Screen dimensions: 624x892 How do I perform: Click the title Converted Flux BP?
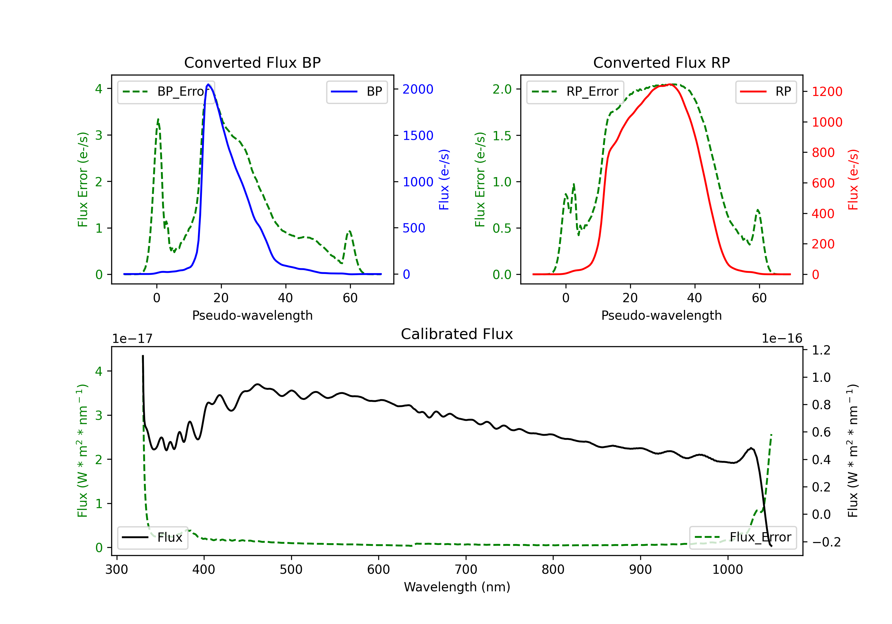(252, 62)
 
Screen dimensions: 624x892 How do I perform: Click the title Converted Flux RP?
(661, 62)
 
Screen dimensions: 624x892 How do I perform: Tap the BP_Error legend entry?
(166, 92)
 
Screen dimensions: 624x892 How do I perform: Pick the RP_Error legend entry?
(575, 92)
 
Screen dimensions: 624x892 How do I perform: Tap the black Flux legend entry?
(153, 538)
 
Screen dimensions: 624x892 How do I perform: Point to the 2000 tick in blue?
(418, 89)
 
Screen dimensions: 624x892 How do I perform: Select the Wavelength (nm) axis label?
(457, 587)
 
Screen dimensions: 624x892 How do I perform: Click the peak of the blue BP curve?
(208, 84)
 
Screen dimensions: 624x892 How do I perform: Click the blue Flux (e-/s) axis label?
(444, 179)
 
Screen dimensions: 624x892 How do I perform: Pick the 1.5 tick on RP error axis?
(502, 135)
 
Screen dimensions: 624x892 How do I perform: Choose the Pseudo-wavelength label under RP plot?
(661, 315)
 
